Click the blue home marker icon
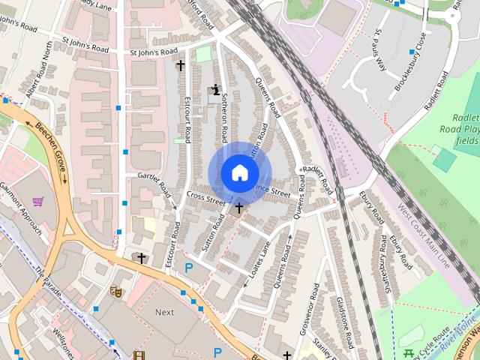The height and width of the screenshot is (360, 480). pos(238,172)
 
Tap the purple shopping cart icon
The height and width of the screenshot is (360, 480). pos(37,201)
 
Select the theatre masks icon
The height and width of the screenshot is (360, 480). pos(116,290)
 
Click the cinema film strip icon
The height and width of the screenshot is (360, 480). pos(139,355)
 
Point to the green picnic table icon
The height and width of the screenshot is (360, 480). pos(409,353)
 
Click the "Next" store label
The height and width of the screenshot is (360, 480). pos(164,312)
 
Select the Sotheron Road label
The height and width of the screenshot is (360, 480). pos(223,120)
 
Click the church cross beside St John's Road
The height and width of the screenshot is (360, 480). pos(180,66)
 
